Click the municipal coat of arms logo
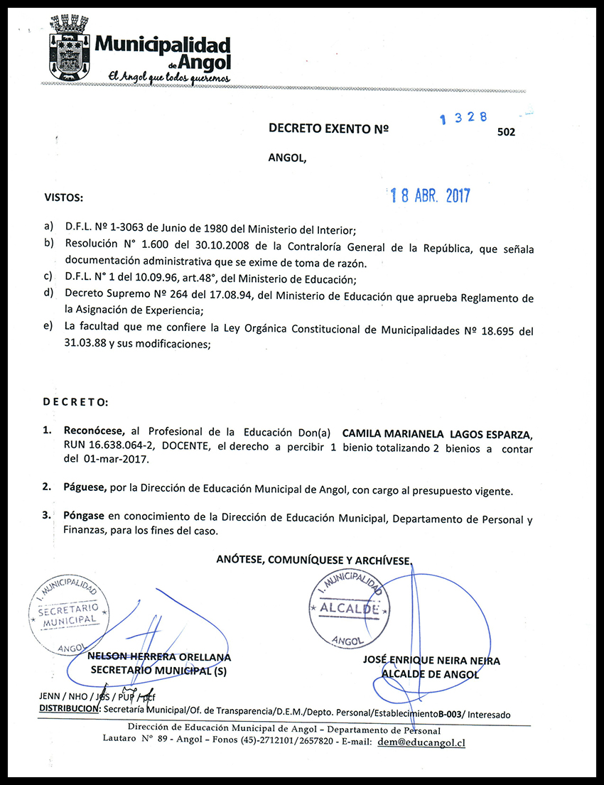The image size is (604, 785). [x=68, y=48]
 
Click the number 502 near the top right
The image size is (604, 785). [x=507, y=131]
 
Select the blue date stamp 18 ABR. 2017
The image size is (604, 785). [x=431, y=196]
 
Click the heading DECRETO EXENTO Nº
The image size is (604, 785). [x=328, y=129]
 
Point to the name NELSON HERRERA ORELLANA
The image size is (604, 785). [x=158, y=657]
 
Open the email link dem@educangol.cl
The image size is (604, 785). [x=421, y=742]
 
